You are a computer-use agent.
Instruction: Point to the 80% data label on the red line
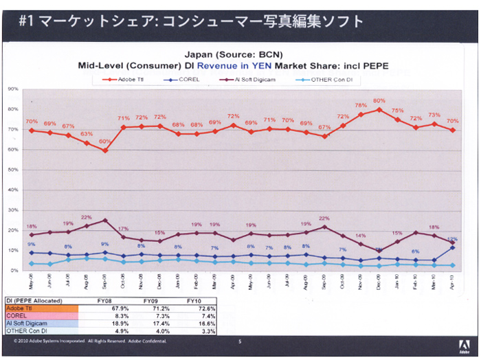click(x=379, y=101)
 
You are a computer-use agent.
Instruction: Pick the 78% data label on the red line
click(x=361, y=105)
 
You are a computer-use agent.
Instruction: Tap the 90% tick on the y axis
click(x=12, y=89)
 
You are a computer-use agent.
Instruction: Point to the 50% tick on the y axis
click(x=12, y=170)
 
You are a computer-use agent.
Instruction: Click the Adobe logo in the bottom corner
click(x=461, y=346)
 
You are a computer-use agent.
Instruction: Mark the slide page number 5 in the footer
click(x=240, y=341)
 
